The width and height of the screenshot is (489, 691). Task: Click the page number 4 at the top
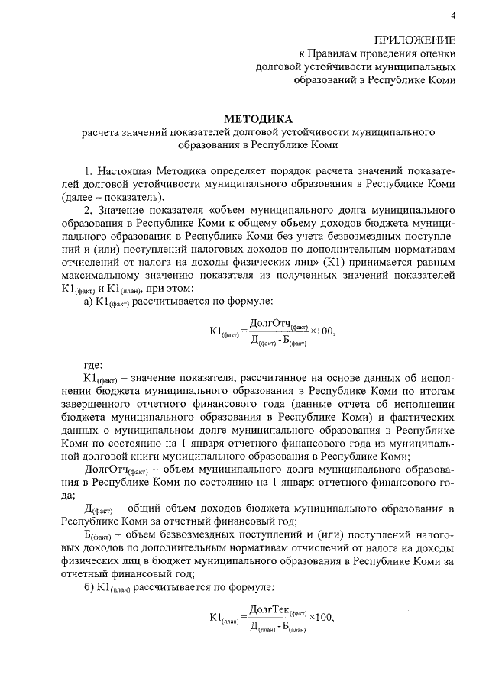click(453, 17)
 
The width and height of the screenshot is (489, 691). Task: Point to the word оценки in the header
click(437, 53)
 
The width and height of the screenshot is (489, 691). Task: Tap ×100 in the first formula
click(322, 331)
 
